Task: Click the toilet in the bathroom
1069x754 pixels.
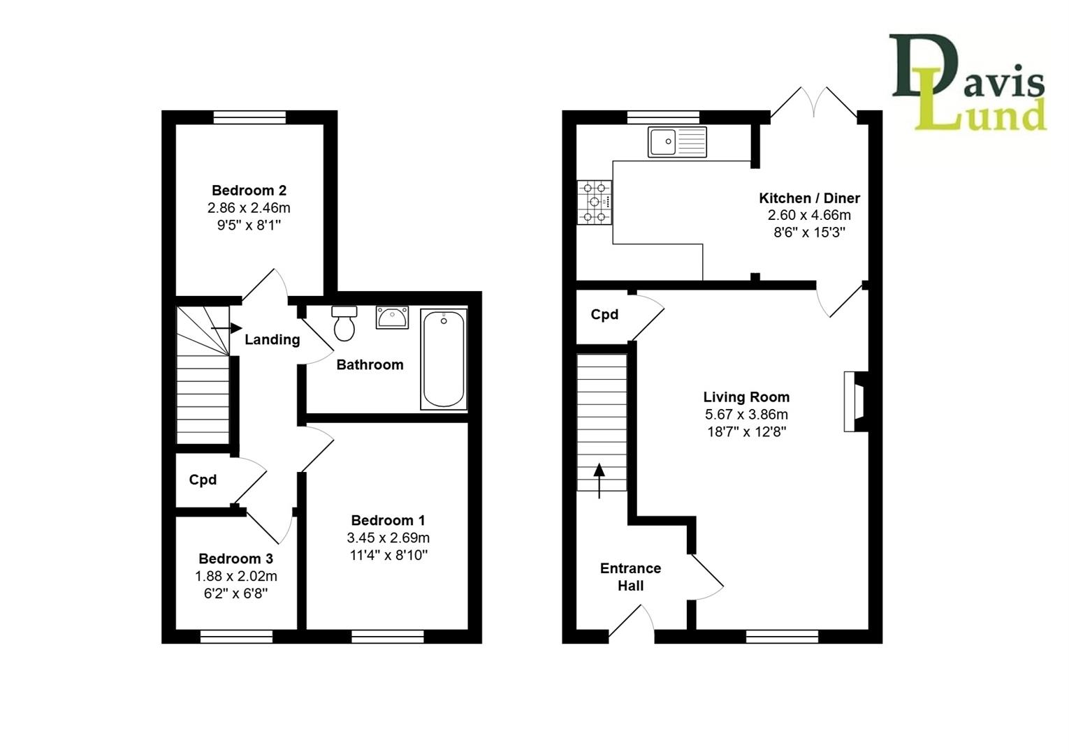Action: click(344, 323)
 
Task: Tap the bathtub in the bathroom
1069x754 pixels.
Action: click(444, 360)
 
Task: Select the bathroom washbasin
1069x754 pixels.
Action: click(392, 318)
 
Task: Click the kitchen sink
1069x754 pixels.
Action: click(676, 142)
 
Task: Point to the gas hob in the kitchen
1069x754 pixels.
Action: click(595, 202)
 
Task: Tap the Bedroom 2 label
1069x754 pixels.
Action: click(249, 191)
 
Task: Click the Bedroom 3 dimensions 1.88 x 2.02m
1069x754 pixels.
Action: click(236, 577)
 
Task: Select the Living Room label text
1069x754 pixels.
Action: click(746, 397)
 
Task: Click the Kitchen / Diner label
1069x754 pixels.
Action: click(809, 198)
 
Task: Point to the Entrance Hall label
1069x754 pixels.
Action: click(630, 577)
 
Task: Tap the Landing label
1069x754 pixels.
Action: click(272, 340)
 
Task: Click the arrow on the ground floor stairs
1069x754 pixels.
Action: click(599, 480)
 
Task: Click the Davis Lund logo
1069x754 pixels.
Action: click(968, 82)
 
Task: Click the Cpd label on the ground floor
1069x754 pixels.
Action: click(604, 315)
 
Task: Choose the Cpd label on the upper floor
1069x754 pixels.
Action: click(203, 480)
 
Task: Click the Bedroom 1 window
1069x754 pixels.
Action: click(387, 636)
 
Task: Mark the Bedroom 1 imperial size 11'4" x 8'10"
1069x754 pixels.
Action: click(388, 556)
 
